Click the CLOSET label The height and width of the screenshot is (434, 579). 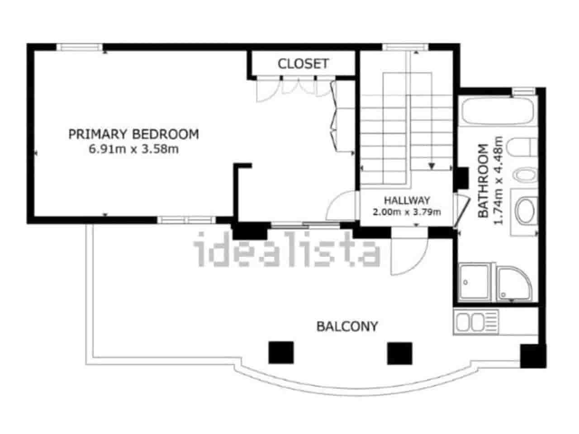pyautogui.click(x=303, y=64)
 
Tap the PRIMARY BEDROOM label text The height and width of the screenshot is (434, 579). pyautogui.click(x=133, y=134)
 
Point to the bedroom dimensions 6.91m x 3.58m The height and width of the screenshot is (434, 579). pyautogui.click(x=133, y=149)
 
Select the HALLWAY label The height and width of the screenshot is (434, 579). pyautogui.click(x=407, y=200)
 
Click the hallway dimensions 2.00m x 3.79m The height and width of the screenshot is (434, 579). pyautogui.click(x=407, y=212)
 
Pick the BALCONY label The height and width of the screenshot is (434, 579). pyautogui.click(x=347, y=326)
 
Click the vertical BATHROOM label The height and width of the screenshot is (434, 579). pyautogui.click(x=483, y=181)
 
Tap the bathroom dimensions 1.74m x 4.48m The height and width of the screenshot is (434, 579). pyautogui.click(x=498, y=180)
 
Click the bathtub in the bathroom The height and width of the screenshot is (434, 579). pyautogui.click(x=498, y=111)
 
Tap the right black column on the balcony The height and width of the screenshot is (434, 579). pyautogui.click(x=400, y=353)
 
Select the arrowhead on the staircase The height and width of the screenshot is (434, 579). pyautogui.click(x=432, y=166)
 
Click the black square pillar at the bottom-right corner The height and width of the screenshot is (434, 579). pyautogui.click(x=532, y=356)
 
